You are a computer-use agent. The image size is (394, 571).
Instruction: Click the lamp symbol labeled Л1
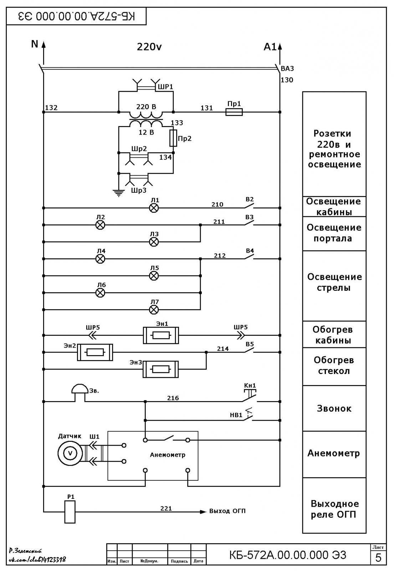(154, 208)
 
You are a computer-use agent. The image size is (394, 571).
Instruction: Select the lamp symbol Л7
(154, 310)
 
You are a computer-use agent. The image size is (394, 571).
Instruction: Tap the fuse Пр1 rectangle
(234, 112)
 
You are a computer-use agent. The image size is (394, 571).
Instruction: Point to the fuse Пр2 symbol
(173, 138)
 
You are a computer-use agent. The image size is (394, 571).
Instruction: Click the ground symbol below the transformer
(119, 193)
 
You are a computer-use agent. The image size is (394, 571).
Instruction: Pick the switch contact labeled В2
(249, 206)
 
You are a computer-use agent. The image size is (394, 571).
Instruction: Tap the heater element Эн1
(161, 335)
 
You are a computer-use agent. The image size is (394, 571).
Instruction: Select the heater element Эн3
(160, 369)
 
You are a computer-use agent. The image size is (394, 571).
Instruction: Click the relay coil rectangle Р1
(70, 512)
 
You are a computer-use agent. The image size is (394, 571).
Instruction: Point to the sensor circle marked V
(70, 453)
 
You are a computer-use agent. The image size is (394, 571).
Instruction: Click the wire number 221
(166, 509)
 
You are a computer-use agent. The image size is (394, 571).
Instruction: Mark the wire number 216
(173, 398)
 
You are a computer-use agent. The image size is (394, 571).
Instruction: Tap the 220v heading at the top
(149, 47)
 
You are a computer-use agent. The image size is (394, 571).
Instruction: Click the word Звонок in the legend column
(334, 408)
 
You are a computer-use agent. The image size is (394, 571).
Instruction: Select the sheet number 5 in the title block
(378, 558)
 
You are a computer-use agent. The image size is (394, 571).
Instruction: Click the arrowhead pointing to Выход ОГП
(203, 512)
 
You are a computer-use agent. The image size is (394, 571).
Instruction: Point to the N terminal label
(35, 44)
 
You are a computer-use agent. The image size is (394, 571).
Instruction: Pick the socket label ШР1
(165, 87)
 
